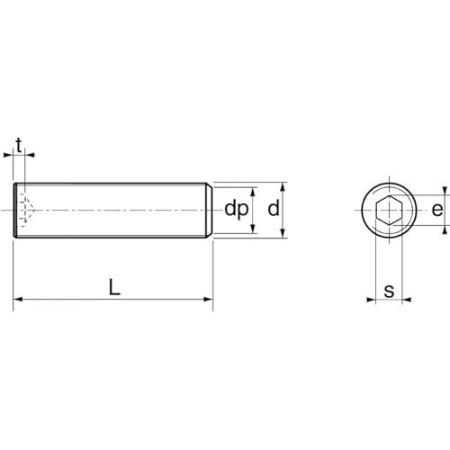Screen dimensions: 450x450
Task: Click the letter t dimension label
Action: (19, 146)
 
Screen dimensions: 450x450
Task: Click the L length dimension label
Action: (114, 287)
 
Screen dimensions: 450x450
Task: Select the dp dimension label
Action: (237, 210)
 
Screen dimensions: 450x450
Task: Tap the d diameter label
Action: (274, 209)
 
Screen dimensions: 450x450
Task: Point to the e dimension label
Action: (437, 210)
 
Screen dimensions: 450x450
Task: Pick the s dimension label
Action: (389, 291)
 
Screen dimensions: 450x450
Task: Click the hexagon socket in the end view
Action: (389, 210)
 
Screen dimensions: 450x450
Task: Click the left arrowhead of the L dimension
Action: (19, 299)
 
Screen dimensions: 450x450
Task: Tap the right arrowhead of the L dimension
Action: (208, 299)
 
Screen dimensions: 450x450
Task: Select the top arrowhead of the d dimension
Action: (283, 186)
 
